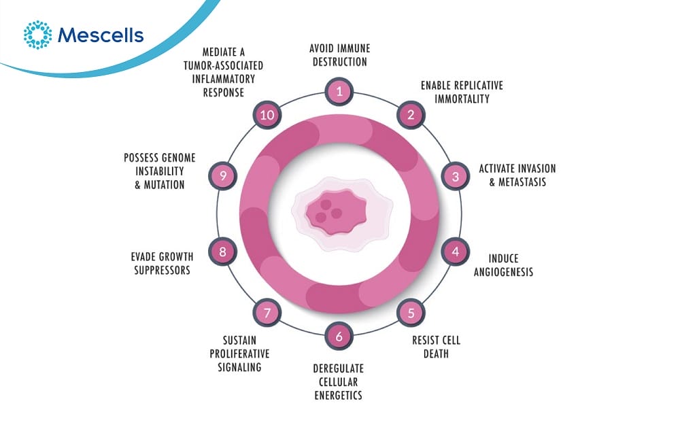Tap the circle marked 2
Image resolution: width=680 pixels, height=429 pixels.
(x=411, y=114)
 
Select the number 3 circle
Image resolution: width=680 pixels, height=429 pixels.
(x=456, y=176)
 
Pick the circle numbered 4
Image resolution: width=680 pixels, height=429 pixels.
(x=456, y=252)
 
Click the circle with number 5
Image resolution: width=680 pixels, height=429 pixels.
(x=411, y=313)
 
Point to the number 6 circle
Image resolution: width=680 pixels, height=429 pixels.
(x=339, y=336)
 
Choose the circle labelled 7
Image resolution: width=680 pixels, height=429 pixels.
(x=267, y=313)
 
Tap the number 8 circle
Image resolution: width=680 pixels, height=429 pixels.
(x=223, y=252)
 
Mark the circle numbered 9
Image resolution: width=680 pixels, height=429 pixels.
(x=223, y=176)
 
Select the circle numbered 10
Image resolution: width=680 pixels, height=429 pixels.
(x=267, y=114)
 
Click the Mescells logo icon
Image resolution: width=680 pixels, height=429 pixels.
(x=37, y=35)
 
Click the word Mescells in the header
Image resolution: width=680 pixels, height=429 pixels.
(x=101, y=35)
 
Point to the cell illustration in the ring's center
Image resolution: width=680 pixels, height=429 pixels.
(x=338, y=211)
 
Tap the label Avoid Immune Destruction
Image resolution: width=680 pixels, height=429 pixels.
(x=338, y=55)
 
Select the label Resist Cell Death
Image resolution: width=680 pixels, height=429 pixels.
(x=437, y=346)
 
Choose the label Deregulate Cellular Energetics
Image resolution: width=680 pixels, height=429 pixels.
(x=338, y=382)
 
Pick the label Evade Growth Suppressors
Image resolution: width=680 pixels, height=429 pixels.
(x=162, y=263)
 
